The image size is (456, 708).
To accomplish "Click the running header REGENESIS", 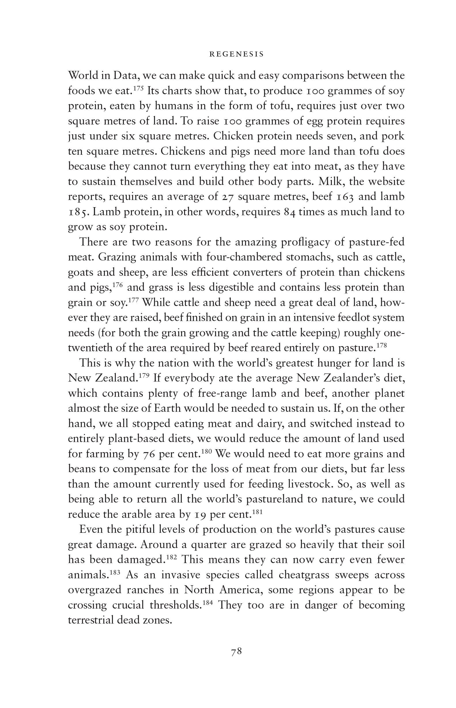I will coord(236,54).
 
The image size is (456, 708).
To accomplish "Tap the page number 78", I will coord(236,652).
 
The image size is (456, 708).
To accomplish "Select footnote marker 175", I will coord(138,88).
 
